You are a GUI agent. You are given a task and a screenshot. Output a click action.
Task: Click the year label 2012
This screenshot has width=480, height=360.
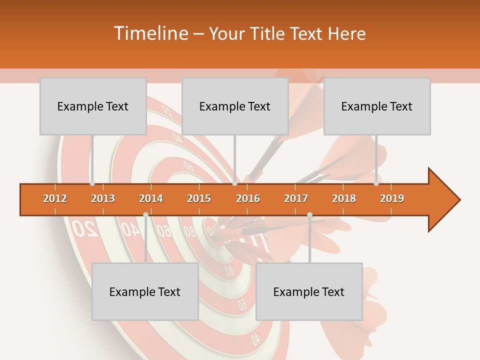[x=55, y=198]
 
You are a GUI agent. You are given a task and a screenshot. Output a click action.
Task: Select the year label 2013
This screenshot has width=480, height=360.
[x=103, y=198]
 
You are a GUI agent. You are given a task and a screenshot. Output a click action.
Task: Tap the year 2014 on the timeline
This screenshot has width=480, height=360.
[x=151, y=198]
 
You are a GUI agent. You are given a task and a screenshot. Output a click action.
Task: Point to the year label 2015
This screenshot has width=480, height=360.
[x=199, y=198]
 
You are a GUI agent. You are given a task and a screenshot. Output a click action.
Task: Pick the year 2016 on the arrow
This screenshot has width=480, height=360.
[x=248, y=198]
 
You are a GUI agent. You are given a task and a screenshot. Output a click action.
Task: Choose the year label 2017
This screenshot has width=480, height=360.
[x=296, y=198]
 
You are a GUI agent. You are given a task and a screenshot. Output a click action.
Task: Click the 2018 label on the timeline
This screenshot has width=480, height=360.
[x=344, y=198]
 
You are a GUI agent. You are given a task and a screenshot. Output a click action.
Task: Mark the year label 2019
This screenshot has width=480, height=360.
[x=392, y=198]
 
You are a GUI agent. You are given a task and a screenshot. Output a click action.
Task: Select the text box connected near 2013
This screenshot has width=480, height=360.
[x=93, y=106]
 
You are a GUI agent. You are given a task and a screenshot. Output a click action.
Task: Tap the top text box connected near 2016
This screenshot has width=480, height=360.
[x=235, y=106]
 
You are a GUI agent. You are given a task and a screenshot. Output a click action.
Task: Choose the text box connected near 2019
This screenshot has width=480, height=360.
[x=377, y=106]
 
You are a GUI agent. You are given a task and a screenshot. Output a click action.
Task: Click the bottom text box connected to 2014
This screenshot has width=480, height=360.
[x=145, y=291]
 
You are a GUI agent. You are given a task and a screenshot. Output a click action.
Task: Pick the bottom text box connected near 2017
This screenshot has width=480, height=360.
[x=309, y=291]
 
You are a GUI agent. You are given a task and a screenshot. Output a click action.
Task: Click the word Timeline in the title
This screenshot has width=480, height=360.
[x=150, y=33]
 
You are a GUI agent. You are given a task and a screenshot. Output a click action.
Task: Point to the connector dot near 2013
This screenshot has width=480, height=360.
[x=92, y=183]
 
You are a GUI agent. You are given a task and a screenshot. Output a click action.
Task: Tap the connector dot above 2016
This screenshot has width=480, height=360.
[x=234, y=183]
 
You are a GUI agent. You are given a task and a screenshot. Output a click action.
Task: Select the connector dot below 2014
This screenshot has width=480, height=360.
[x=145, y=214]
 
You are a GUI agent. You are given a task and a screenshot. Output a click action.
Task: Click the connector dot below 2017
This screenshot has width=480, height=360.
[x=309, y=214]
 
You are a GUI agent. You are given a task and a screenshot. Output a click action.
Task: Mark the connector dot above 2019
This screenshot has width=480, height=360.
[x=376, y=183]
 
